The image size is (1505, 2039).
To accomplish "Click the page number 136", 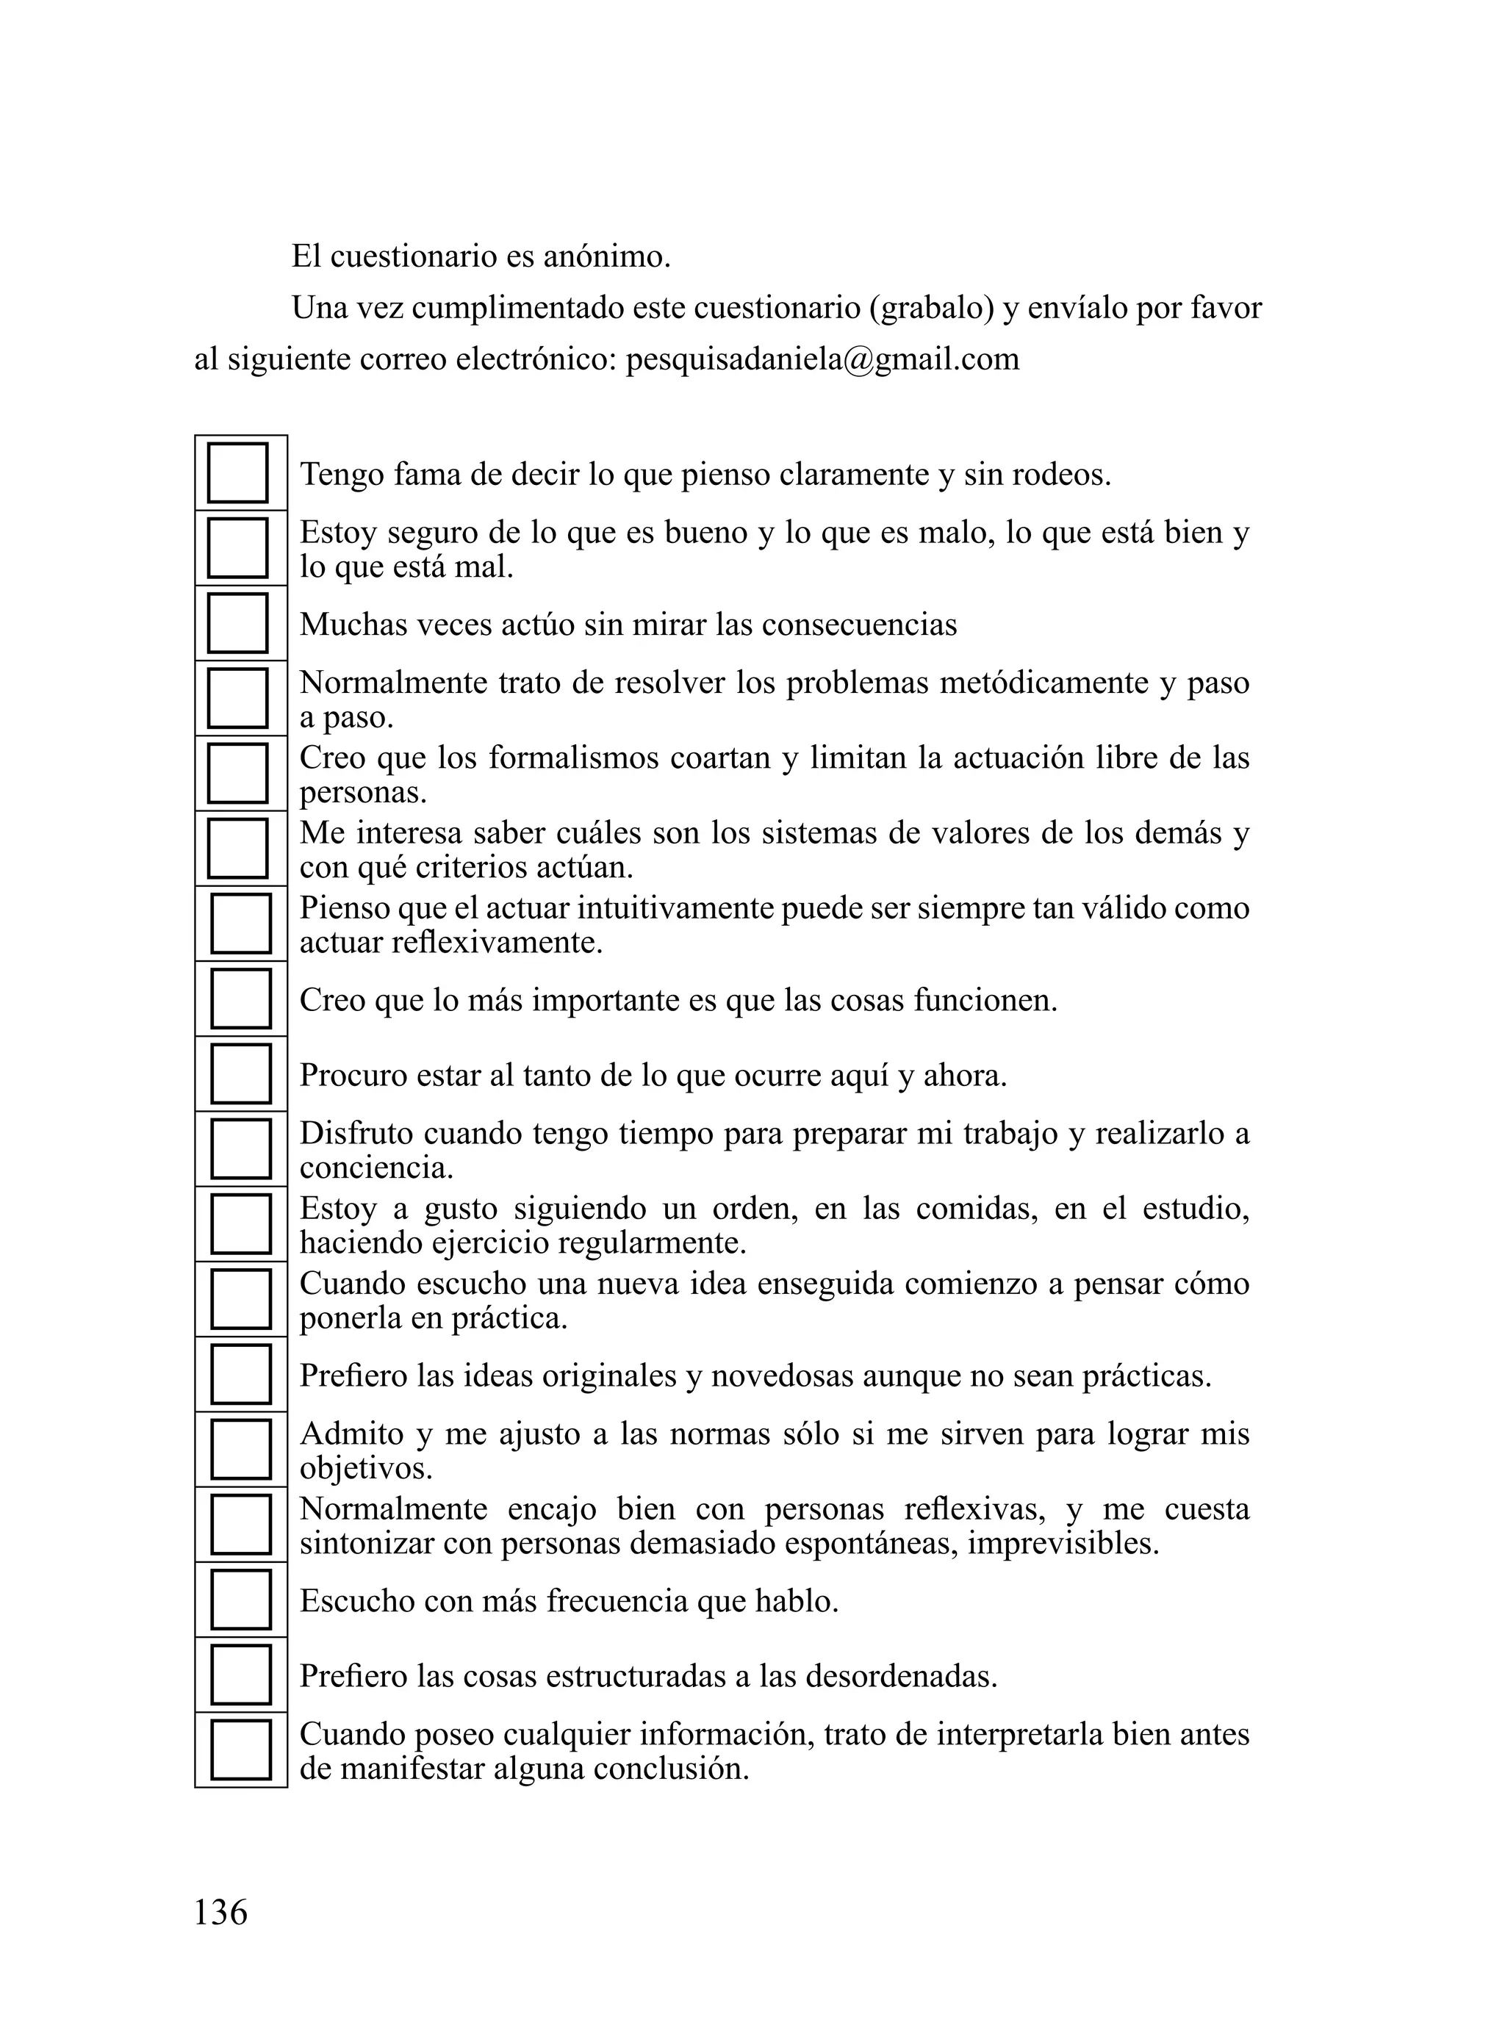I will (x=220, y=1911).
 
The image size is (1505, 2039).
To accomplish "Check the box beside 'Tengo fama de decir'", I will (x=238, y=472).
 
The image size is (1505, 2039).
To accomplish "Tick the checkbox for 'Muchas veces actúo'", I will (x=238, y=623).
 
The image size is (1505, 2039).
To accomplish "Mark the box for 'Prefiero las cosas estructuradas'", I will (x=240, y=1675).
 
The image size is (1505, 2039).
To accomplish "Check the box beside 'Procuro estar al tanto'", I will (x=240, y=1074).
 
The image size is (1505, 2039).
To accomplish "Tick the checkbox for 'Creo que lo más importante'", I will (x=240, y=999).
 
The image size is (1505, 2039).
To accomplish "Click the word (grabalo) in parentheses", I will (x=931, y=309).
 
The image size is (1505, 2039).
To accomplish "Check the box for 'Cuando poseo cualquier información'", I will (x=240, y=1749).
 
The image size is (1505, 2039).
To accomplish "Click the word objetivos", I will (x=365, y=1469).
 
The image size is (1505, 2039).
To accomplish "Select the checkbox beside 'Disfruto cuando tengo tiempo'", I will (x=240, y=1149).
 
